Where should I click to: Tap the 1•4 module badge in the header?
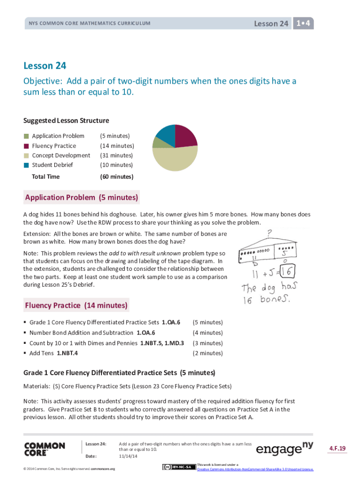point(303,23)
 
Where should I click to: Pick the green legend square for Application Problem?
point(27,136)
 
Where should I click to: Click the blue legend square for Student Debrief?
point(27,165)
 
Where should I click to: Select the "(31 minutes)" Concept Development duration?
point(116,155)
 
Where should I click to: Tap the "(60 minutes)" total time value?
point(116,177)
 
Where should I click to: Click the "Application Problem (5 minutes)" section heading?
point(81,198)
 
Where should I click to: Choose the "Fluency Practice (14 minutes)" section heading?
point(76,305)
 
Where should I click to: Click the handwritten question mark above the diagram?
point(270,232)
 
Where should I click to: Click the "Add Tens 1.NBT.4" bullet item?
point(53,353)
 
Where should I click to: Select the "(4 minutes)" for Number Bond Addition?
point(208,333)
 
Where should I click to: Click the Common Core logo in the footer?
point(44,449)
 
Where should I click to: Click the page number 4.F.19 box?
point(337,449)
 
